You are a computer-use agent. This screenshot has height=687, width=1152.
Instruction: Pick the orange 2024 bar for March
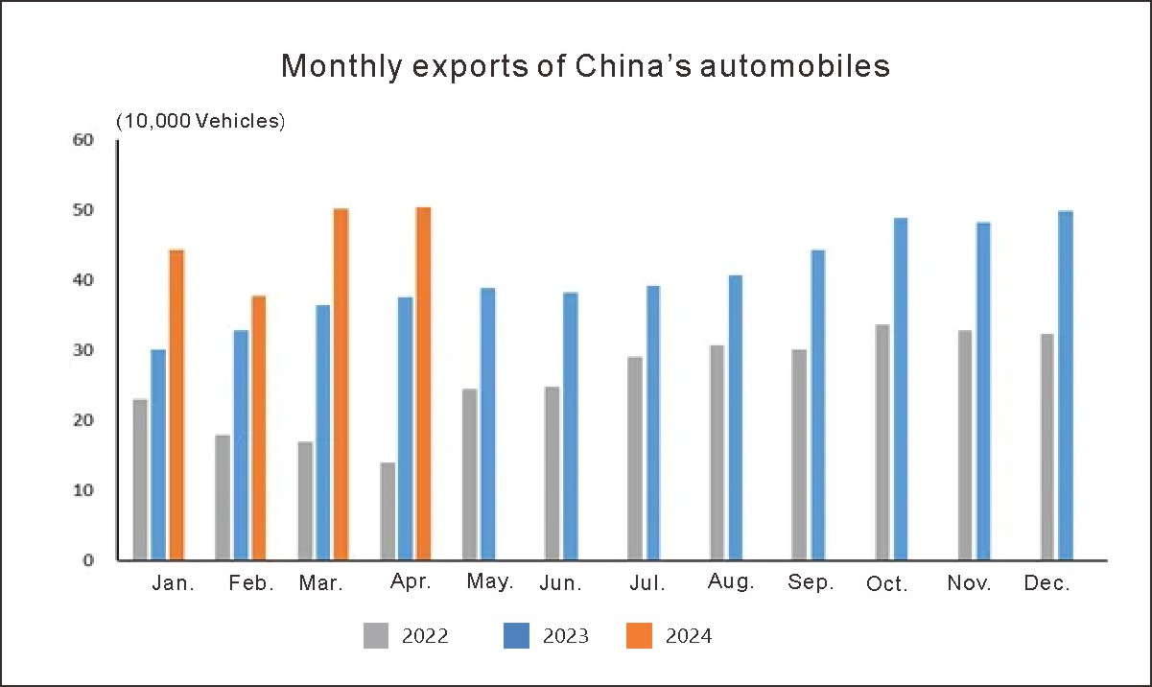pos(341,384)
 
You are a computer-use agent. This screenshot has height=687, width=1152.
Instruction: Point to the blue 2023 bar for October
pos(900,390)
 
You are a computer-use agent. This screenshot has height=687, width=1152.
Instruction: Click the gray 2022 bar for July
pos(635,459)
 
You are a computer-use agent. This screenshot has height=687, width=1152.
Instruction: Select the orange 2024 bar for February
pos(258,428)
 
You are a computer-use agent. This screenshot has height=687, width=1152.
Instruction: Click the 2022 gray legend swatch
pos(376,635)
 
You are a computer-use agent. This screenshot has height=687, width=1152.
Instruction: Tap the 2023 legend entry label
pos(565,636)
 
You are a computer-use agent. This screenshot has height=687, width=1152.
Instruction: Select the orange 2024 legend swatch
pos(639,635)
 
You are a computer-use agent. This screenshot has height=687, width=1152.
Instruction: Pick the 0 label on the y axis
pos(88,560)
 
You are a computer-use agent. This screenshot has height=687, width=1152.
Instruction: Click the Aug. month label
pos(730,582)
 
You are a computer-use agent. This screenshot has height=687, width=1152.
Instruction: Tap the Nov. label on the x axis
pos(970,583)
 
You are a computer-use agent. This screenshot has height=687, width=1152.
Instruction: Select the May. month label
pos(490,582)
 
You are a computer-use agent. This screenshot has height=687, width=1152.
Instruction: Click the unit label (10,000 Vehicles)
pos(200,122)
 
